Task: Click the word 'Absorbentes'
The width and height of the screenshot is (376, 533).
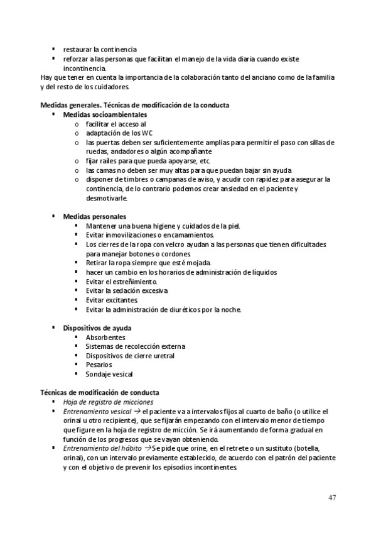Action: pyautogui.click(x=105, y=337)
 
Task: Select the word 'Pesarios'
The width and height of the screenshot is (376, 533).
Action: pyautogui.click(x=99, y=364)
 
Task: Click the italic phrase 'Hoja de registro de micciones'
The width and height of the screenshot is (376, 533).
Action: pyautogui.click(x=108, y=402)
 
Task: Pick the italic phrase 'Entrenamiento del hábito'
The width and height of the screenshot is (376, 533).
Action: pyautogui.click(x=102, y=448)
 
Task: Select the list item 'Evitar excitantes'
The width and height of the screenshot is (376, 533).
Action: pyautogui.click(x=112, y=300)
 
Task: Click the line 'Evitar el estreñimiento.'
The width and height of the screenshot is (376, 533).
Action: pyautogui.click(x=122, y=282)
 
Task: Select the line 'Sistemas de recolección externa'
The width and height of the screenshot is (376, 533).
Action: pyautogui.click(x=135, y=346)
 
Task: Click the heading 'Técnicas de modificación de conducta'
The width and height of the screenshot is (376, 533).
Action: pyautogui.click(x=99, y=392)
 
